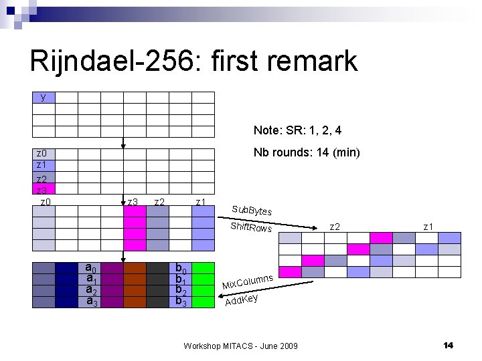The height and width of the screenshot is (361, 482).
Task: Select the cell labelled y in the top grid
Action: pyautogui.click(x=44, y=97)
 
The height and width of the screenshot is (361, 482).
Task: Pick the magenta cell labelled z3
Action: pyautogui.click(x=44, y=190)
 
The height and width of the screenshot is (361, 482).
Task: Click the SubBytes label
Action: pyautogui.click(x=252, y=210)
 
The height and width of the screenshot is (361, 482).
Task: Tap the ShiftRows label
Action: pyautogui.click(x=251, y=227)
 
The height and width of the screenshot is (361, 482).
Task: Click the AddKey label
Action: pyautogui.click(x=242, y=300)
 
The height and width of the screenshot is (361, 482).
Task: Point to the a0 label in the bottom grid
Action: pyautogui.click(x=90, y=269)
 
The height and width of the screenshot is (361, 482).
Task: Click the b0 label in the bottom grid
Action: pyautogui.click(x=180, y=269)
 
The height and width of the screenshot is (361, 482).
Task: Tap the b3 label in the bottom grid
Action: pyautogui.click(x=180, y=301)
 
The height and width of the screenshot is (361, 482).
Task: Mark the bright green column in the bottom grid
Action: pyautogui.click(x=203, y=285)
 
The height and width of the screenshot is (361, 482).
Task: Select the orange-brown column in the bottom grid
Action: pyautogui.click(x=135, y=285)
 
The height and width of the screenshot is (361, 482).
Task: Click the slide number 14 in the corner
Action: pyautogui.click(x=448, y=345)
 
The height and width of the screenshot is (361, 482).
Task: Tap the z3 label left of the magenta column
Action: pyautogui.click(x=133, y=202)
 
